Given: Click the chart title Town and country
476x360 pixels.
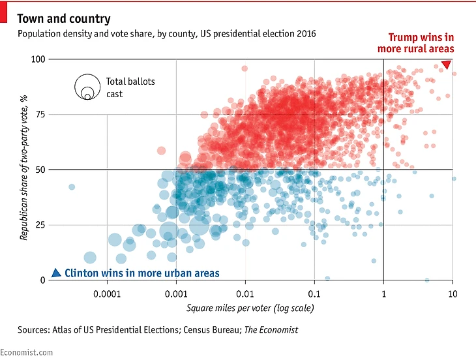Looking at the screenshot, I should click(64, 19).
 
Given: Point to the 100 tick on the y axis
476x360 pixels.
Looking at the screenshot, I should click(38, 59).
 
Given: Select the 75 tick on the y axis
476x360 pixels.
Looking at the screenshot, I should click(41, 115).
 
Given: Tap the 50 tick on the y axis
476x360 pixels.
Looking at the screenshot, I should click(41, 170).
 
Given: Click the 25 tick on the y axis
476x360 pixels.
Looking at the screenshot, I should click(41, 225).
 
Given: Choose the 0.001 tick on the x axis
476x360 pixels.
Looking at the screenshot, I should click(176, 293).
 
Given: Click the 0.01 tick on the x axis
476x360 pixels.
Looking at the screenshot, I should click(245, 293).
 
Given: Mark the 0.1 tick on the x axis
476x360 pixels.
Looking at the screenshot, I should click(314, 293).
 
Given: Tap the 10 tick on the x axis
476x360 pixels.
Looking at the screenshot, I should click(451, 293).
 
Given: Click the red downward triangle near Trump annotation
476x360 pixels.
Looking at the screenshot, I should click(447, 65).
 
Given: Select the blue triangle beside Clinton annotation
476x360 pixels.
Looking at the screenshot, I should click(56, 273).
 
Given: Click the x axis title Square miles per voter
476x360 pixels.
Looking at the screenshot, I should click(250, 308).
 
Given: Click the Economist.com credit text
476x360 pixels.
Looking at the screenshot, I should click(27, 352).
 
